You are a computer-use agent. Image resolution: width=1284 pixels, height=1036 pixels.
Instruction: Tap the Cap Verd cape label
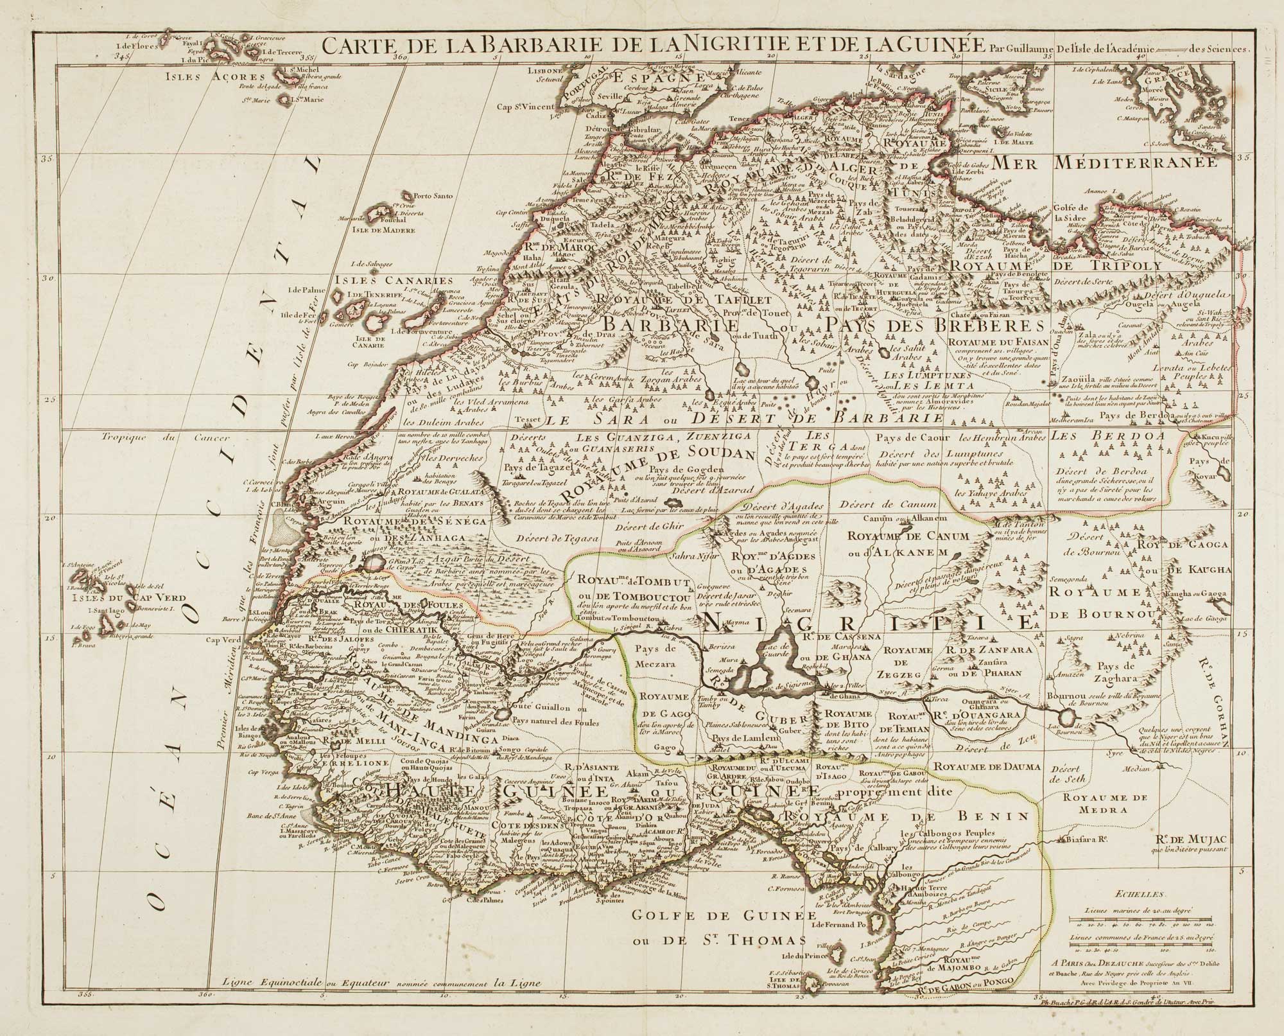click(x=222, y=640)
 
